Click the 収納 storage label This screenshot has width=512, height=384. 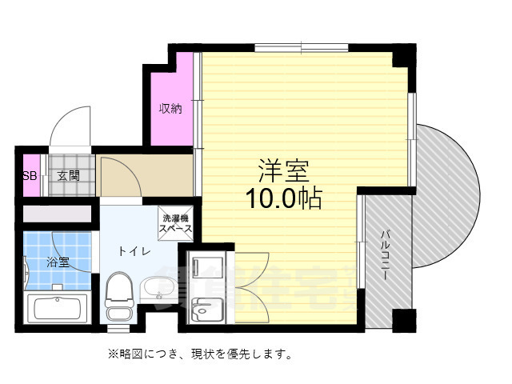[170, 108]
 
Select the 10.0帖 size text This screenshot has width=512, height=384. [283, 198]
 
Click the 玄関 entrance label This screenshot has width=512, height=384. [68, 176]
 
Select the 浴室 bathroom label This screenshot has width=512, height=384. [58, 262]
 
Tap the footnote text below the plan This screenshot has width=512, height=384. [200, 352]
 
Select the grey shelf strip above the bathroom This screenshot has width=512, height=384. [58, 214]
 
